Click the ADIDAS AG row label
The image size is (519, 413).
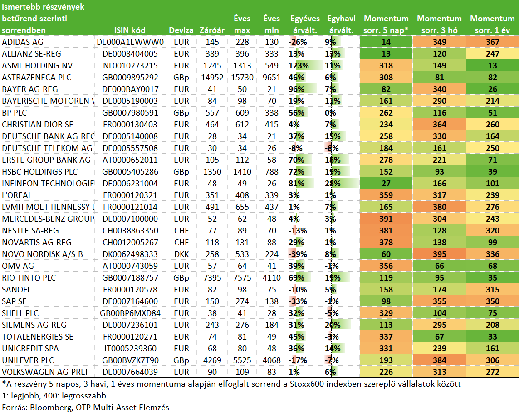(x=23, y=42)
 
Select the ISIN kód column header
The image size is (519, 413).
(x=130, y=30)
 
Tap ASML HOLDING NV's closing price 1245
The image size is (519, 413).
(x=212, y=66)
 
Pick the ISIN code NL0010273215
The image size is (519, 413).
(x=130, y=66)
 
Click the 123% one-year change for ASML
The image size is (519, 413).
(x=299, y=66)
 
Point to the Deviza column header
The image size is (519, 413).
(x=181, y=30)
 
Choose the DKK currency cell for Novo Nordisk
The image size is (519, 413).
(x=181, y=254)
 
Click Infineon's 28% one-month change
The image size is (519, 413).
(x=333, y=184)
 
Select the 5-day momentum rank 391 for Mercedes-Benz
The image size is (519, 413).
(x=386, y=219)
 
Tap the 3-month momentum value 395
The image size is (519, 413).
(x=440, y=254)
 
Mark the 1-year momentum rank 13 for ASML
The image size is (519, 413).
(x=493, y=66)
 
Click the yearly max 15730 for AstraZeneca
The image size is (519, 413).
(x=242, y=78)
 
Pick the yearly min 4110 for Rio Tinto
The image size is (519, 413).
(x=272, y=278)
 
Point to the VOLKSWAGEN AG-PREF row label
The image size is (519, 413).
(x=46, y=372)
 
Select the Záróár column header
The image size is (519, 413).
(x=212, y=30)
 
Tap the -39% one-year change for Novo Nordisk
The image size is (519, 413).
(x=298, y=254)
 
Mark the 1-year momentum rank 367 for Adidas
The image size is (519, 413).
(x=493, y=42)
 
